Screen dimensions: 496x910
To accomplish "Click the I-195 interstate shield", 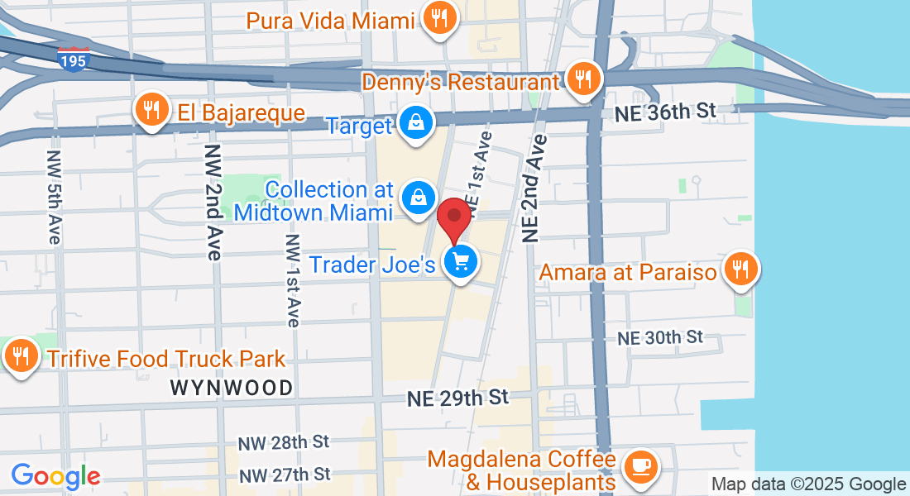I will (x=74, y=59).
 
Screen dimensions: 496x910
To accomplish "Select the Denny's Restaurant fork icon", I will (x=584, y=79).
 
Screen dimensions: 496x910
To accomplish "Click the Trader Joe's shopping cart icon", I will (x=460, y=262).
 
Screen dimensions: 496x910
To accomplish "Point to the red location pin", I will (x=454, y=217).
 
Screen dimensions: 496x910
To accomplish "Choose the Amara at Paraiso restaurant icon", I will (x=740, y=269).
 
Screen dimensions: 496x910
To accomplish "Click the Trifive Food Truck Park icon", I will (x=18, y=356).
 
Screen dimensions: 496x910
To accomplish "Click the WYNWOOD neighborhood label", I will (x=232, y=388).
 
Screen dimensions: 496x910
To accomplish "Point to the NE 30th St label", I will (x=660, y=336).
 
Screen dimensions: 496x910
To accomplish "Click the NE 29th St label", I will (x=457, y=398).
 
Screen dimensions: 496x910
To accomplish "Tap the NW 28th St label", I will (x=285, y=442).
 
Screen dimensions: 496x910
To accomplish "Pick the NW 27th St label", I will (x=285, y=475).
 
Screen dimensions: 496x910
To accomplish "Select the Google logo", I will (x=55, y=476).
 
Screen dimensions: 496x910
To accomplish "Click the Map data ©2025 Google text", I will (x=809, y=484).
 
